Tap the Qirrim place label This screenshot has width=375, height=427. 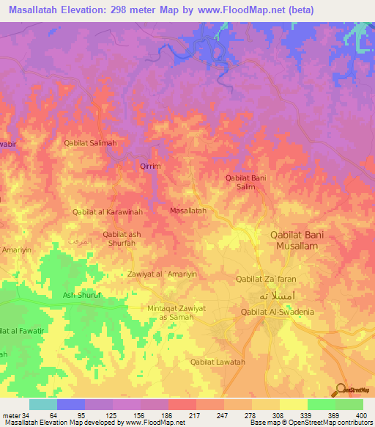pos(150,167)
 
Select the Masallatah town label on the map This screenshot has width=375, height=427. pos(187,211)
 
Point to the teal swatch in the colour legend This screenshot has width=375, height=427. pos(42,404)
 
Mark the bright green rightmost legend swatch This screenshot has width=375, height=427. pos(349,404)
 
